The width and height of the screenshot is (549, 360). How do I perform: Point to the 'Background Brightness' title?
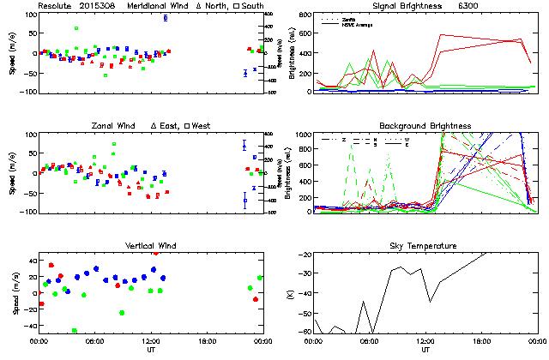425,126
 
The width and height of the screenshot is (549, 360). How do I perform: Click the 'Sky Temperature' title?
425,246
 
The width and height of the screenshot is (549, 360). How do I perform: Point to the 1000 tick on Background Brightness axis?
304,135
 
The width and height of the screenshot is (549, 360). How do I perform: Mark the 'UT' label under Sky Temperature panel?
425,350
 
